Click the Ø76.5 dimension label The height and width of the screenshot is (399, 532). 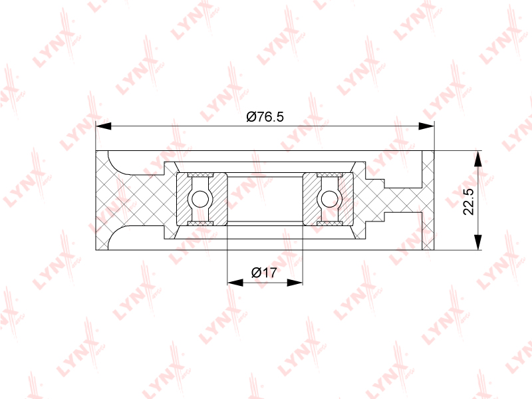pyautogui.click(x=265, y=117)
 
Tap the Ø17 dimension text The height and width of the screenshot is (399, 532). pyautogui.click(x=264, y=273)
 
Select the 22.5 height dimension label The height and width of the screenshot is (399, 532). pyautogui.click(x=468, y=201)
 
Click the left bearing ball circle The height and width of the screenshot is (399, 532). pyautogui.click(x=200, y=199)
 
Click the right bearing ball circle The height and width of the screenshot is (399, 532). pyautogui.click(x=329, y=199)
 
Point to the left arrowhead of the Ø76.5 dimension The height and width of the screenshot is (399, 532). pyautogui.click(x=104, y=126)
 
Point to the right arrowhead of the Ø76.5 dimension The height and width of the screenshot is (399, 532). pyautogui.click(x=426, y=126)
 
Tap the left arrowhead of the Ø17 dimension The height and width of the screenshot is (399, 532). pyautogui.click(x=235, y=282)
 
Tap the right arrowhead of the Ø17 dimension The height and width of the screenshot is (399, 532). pyautogui.click(x=295, y=282)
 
